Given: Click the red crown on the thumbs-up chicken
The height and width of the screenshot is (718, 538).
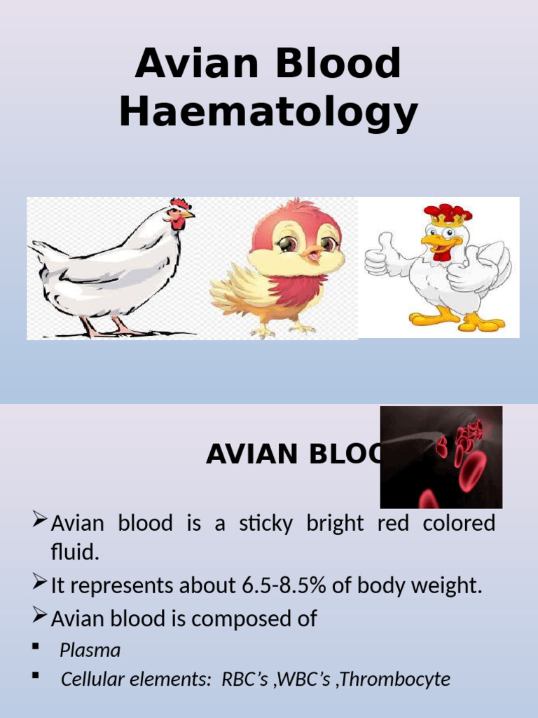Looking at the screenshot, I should click(447, 213).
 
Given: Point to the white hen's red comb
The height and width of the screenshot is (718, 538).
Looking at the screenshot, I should click(180, 204).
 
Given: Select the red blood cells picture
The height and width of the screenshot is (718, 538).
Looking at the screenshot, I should click(441, 457).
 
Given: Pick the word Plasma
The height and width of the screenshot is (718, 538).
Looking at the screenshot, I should click(90, 650).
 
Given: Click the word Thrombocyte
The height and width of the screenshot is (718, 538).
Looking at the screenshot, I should click(407, 679).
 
